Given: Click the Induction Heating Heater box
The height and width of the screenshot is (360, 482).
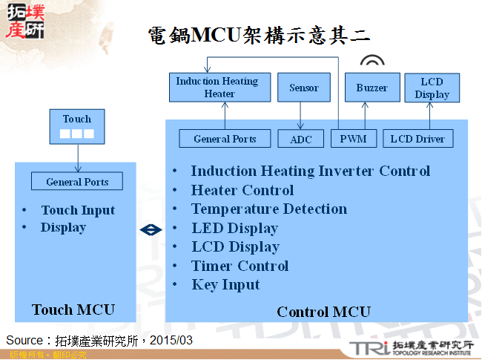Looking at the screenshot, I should click(x=217, y=88).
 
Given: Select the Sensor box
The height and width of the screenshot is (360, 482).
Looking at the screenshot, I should click(x=303, y=88).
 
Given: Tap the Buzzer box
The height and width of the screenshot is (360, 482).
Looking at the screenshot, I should click(x=372, y=88).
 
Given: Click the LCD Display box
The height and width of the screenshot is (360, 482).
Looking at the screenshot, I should click(x=432, y=88).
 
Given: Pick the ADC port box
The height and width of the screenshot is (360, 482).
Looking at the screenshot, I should click(x=300, y=139).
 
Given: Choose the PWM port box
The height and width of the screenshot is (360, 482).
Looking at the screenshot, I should click(x=353, y=139).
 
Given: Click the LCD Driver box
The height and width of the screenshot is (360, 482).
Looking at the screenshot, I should click(x=417, y=139).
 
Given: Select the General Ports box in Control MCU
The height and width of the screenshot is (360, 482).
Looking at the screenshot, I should click(x=225, y=139).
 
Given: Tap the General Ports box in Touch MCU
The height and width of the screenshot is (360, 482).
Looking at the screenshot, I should click(x=77, y=182).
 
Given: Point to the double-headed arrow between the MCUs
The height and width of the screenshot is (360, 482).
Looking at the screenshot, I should click(x=151, y=230).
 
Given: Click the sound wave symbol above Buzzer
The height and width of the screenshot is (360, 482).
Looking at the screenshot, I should click(x=372, y=62).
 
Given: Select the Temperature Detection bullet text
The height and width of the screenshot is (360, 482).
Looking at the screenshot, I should click(x=268, y=209).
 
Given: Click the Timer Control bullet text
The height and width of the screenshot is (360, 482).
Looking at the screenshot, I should click(x=240, y=266).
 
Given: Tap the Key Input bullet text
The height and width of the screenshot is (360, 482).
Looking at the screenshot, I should click(x=225, y=285).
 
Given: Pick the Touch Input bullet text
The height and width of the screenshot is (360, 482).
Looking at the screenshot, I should click(x=78, y=210).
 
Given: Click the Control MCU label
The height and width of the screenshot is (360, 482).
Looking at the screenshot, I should click(x=323, y=312).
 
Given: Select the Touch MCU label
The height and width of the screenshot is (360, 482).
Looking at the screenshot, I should click(x=73, y=310).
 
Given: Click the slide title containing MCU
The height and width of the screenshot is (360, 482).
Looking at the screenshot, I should click(x=259, y=35).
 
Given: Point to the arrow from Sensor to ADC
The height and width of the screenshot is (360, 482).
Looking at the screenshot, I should click(x=300, y=115).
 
